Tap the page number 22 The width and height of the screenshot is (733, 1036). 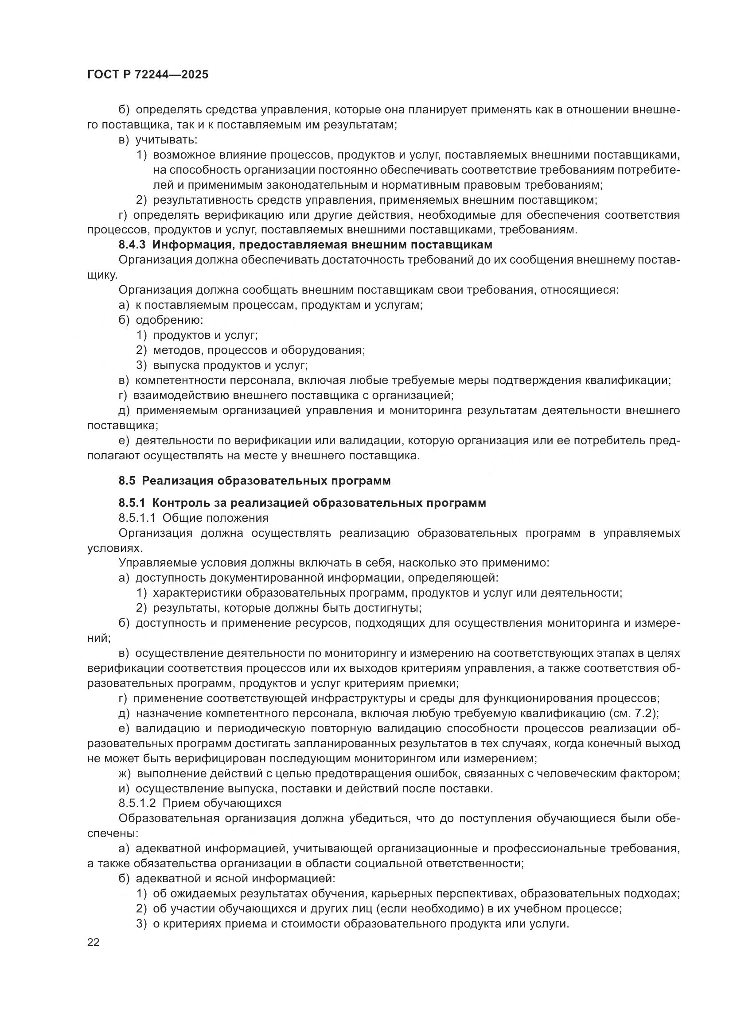pyautogui.click(x=94, y=943)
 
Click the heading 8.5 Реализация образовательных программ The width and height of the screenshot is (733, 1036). pyautogui.click(x=254, y=481)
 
